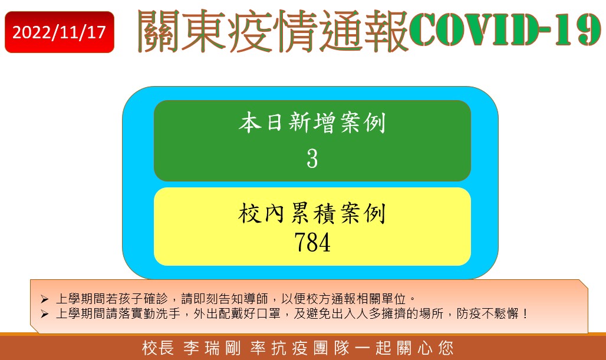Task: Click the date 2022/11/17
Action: tap(59, 32)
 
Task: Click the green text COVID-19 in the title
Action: tap(505, 29)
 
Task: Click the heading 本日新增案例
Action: tap(312, 123)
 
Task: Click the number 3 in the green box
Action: tap(312, 158)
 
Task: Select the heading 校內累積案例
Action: tap(312, 213)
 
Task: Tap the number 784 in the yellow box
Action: tap(312, 242)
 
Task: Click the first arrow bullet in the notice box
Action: tap(44, 299)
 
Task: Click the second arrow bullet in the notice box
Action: tap(44, 313)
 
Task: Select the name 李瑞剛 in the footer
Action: tap(212, 348)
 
